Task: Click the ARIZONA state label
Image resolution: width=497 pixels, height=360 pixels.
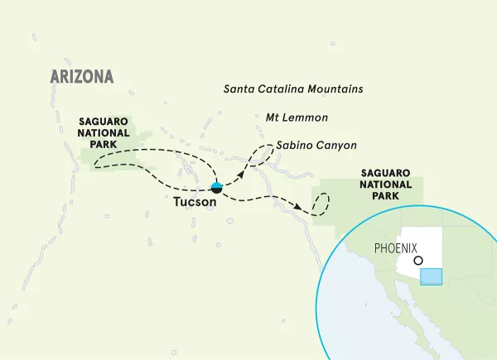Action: tap(80, 77)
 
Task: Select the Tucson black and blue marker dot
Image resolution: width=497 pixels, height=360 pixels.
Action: tap(216, 187)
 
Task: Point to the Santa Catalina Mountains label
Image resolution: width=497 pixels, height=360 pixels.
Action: tap(294, 89)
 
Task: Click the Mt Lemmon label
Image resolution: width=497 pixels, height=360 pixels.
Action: tap(297, 118)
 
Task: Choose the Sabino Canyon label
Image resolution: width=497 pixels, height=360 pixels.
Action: tap(316, 145)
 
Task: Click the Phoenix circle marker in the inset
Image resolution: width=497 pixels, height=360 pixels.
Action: tap(419, 261)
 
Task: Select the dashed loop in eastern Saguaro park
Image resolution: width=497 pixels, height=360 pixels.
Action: tap(321, 203)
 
